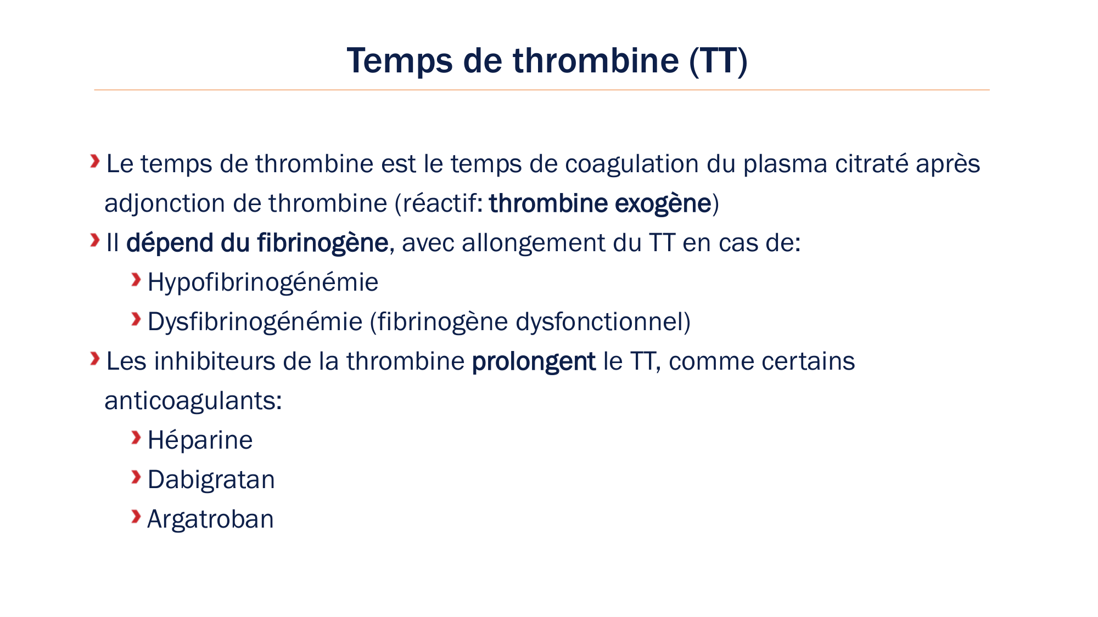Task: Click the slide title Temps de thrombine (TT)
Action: coord(547,60)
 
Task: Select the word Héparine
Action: coord(200,440)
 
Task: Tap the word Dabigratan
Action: coord(211,480)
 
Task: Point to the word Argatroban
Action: coord(210,519)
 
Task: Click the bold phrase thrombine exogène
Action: coord(600,203)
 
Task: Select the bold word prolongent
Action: coord(533,362)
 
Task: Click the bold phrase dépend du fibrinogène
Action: coord(257,243)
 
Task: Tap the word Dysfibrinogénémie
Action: coord(255,322)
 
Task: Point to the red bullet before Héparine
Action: coord(136,438)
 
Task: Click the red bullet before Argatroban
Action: coord(136,517)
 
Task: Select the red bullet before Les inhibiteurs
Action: coord(95,359)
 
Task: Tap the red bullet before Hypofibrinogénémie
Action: coord(136,280)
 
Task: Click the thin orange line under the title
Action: coord(541,90)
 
